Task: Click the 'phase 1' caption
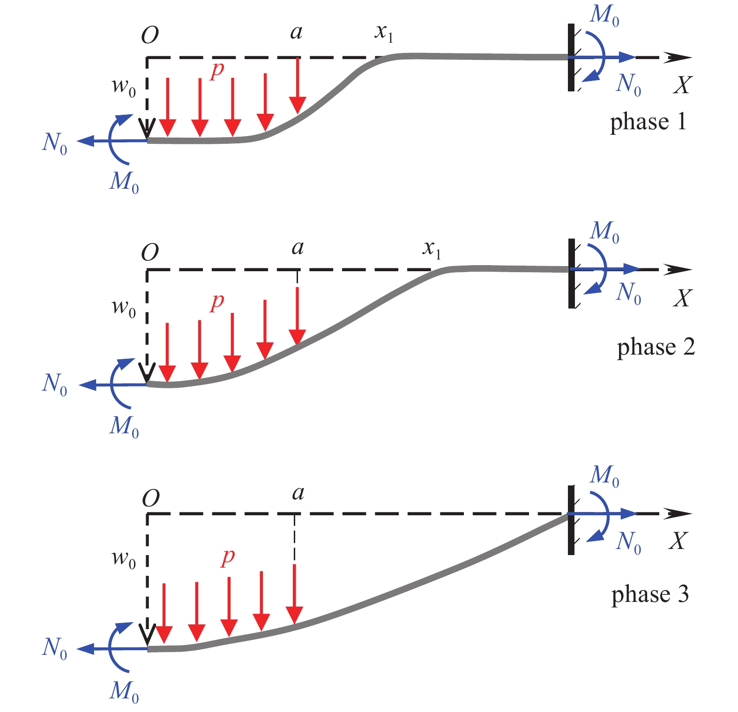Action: coord(648,122)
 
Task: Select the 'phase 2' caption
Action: coord(656,348)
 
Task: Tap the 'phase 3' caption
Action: coord(650,594)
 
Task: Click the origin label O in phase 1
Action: coord(150,35)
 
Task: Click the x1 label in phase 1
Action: coord(384,33)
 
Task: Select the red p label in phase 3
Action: coord(228,556)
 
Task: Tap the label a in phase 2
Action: coord(298,247)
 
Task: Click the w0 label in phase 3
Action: coord(124,558)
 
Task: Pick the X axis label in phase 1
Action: coord(682,85)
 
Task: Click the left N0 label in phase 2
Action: coord(54,384)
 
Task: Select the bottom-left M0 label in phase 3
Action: coord(124,691)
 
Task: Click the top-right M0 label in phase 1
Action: coord(604,15)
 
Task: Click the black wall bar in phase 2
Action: coord(571,273)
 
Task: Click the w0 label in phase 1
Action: coord(124,87)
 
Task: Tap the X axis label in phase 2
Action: coord(682,298)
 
